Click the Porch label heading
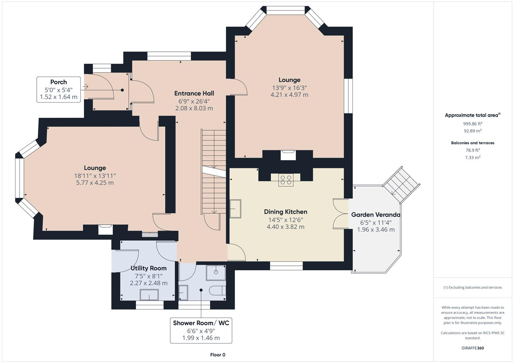(59, 82)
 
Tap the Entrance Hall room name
(194, 93)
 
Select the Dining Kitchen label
(285, 212)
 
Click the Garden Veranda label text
(376, 215)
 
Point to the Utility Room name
(148, 268)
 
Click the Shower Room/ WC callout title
(201, 323)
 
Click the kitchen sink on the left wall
(235, 208)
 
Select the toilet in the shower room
(217, 291)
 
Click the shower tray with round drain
(216, 273)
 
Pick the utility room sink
(149, 295)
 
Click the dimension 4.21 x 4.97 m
(289, 95)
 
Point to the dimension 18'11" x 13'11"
(95, 176)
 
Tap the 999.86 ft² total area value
(473, 124)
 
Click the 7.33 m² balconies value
(473, 157)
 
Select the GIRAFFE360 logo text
(473, 348)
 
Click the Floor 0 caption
(218, 355)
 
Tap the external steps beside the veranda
(401, 185)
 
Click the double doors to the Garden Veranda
(341, 214)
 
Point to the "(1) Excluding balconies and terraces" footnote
(473, 287)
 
